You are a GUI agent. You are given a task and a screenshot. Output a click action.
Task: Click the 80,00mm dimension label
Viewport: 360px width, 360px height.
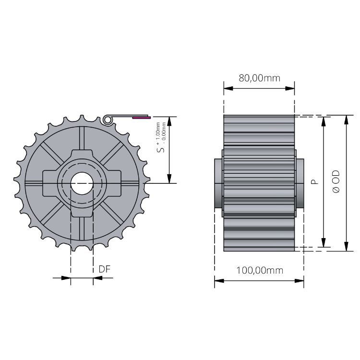259,78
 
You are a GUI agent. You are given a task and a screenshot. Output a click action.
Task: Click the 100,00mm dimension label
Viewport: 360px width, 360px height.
259,270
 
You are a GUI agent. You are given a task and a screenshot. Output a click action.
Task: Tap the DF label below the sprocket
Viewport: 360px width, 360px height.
105,269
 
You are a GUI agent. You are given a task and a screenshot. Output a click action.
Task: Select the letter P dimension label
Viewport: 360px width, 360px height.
313,182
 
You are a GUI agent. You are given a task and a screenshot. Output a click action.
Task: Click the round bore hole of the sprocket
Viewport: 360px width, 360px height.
82,183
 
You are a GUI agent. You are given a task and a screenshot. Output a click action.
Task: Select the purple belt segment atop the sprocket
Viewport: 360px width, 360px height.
142,117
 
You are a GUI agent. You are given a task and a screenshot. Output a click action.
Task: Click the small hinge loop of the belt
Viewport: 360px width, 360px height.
107,119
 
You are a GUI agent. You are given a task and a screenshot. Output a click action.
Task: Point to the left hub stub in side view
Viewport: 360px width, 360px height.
218,183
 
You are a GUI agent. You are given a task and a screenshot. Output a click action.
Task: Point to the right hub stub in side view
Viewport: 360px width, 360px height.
300,183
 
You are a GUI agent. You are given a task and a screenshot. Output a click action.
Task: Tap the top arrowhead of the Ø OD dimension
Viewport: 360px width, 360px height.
346,120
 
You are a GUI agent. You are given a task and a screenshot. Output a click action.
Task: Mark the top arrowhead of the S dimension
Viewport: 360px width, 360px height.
169,120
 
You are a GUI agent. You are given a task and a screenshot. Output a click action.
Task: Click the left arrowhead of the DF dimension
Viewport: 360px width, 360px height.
67,277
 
